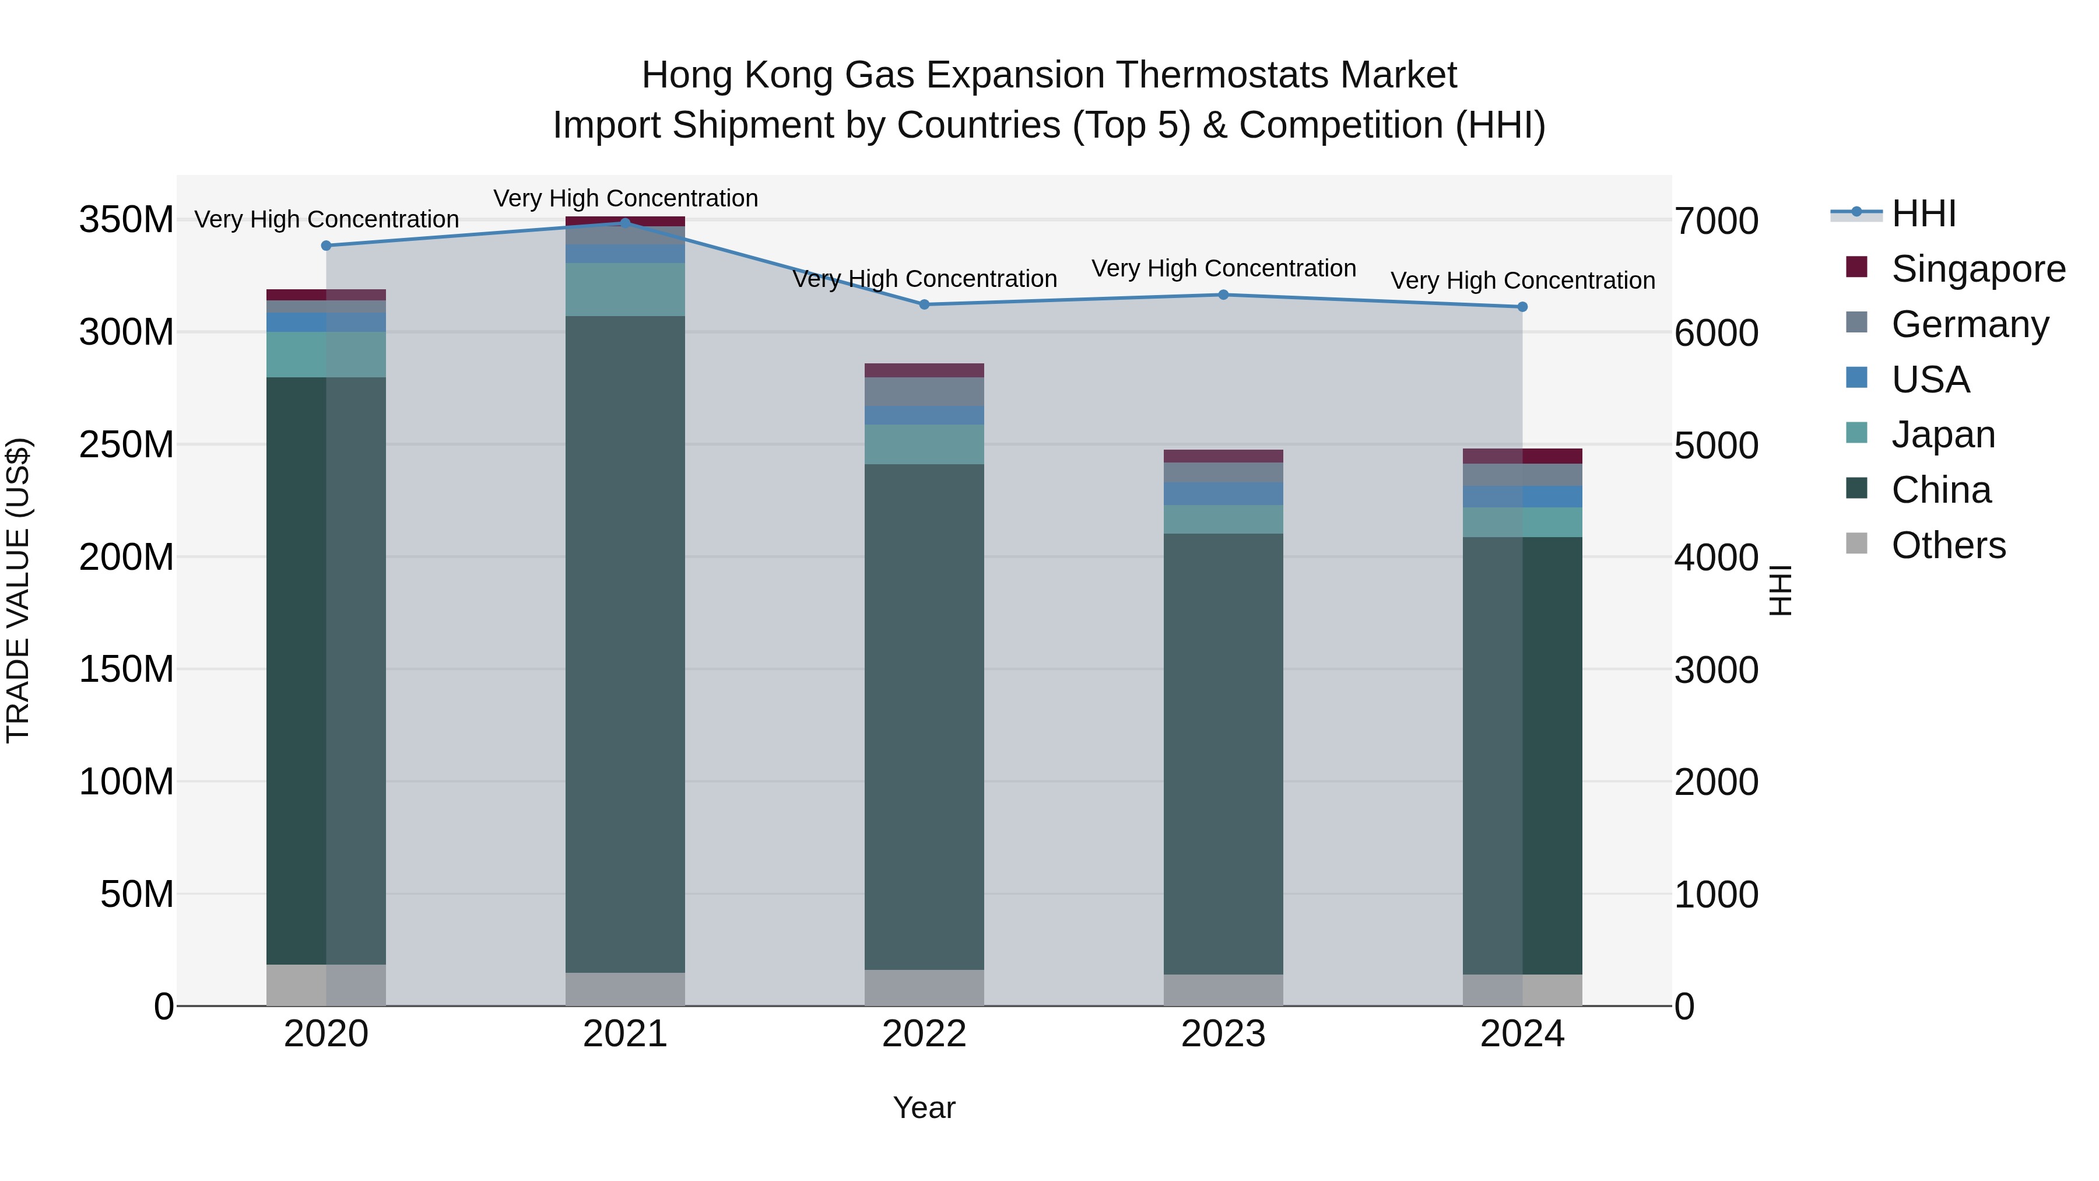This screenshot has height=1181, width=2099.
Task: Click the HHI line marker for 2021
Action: (625, 223)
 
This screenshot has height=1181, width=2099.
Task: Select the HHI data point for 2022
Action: (924, 305)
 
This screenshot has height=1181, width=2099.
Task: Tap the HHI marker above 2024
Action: (1522, 307)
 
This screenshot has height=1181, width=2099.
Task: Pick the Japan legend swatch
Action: (1856, 433)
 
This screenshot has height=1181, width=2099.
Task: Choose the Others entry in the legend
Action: (1947, 545)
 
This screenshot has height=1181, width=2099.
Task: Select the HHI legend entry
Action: (1923, 213)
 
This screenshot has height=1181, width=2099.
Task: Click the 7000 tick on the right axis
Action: (1716, 222)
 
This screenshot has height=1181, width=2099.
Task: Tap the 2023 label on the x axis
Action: (1223, 1034)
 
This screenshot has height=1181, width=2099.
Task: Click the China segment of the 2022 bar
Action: (924, 717)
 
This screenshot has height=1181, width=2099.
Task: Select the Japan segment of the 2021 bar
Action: (625, 289)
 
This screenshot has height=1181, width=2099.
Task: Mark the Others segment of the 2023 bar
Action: (1223, 990)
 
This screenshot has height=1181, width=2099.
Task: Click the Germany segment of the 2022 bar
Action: (924, 392)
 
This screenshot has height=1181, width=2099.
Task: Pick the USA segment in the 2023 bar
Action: (1223, 494)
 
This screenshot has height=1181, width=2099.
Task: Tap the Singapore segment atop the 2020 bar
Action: (326, 295)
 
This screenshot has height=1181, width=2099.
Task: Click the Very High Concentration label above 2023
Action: (1223, 268)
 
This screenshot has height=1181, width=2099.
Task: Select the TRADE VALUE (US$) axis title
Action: (18, 590)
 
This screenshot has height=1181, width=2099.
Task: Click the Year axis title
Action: (924, 1108)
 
